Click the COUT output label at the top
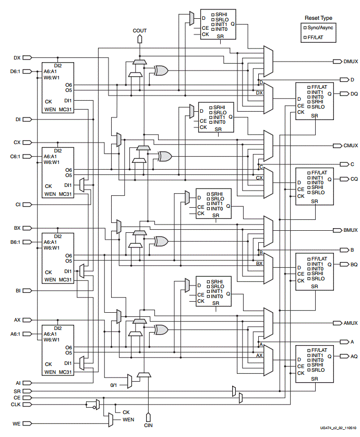(139, 31)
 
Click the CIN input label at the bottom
(149, 426)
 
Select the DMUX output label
(350, 62)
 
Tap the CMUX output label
(350, 146)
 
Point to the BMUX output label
(350, 230)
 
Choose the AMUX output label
(350, 323)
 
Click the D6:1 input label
(16, 72)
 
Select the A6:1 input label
(16, 334)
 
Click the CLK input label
(16, 404)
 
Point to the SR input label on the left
(17, 391)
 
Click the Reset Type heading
(318, 18)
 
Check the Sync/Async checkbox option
(305, 27)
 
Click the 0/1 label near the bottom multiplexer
(114, 384)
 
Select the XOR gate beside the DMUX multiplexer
(160, 70)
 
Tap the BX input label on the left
(17, 228)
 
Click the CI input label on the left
(18, 204)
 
